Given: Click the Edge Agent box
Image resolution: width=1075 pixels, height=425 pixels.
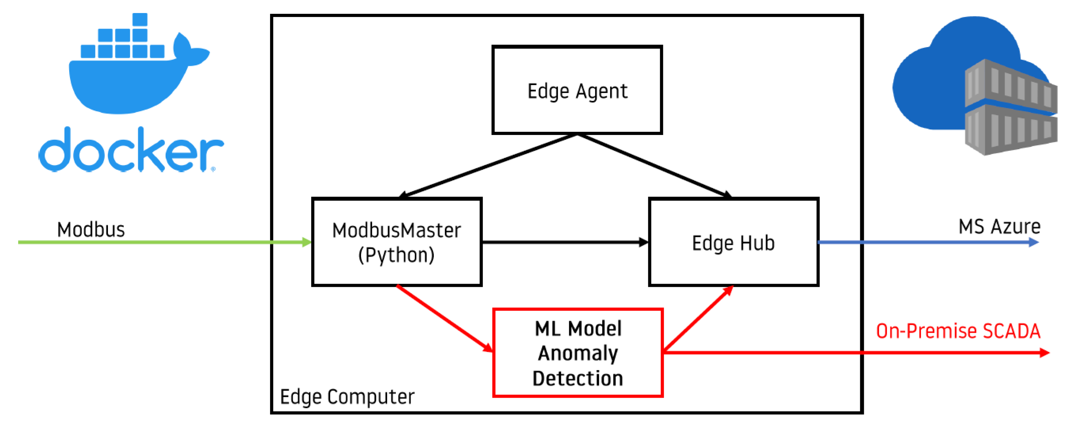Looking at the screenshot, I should pyautogui.click(x=577, y=90).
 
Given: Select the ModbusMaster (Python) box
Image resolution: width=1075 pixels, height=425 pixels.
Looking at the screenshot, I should pyautogui.click(x=397, y=242).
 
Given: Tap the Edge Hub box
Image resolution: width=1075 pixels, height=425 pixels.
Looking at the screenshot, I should pyautogui.click(x=733, y=242).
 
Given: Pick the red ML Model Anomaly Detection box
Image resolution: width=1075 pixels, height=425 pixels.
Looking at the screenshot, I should pyautogui.click(x=578, y=353).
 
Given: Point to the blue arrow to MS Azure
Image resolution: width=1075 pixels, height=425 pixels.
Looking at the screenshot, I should pyautogui.click(x=926, y=242).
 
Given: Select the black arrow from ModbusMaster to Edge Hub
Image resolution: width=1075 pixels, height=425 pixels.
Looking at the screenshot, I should pyautogui.click(x=563, y=242).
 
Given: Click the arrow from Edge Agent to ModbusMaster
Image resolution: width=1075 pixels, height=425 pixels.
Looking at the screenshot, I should pyautogui.click(x=488, y=165).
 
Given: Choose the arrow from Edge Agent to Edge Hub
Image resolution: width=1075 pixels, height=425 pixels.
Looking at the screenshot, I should pyautogui.click(x=653, y=165).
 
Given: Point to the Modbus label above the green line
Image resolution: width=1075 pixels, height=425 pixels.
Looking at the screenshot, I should pyautogui.click(x=91, y=230).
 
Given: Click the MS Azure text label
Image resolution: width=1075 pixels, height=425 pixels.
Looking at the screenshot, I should pyautogui.click(x=999, y=227).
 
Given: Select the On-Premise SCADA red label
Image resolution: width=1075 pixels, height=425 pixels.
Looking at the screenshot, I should pyautogui.click(x=958, y=331).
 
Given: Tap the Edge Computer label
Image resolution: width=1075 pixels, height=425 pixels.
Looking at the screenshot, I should pyautogui.click(x=347, y=397).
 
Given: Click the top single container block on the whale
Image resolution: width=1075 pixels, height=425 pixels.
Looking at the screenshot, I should pyautogui.click(x=140, y=19).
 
